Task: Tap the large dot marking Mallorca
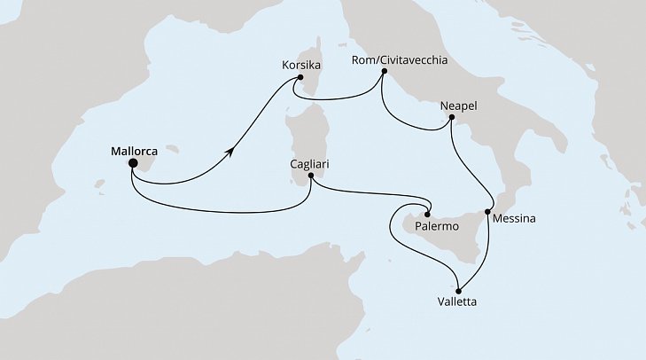click(132, 163)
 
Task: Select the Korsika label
click(298, 66)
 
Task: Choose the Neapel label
click(458, 105)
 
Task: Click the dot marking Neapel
click(451, 117)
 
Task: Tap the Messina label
click(515, 217)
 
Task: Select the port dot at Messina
click(487, 212)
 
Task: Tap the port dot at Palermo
click(427, 214)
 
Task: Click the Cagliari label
click(311, 164)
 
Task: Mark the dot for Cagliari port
click(310, 176)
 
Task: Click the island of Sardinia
click(306, 142)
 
